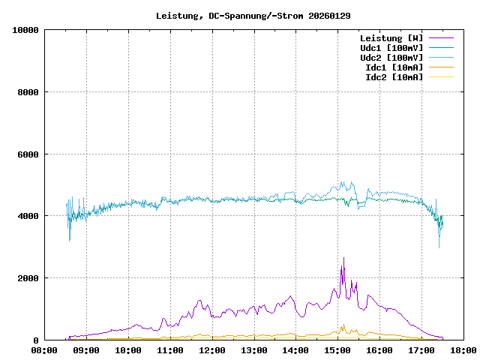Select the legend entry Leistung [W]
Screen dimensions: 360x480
pyautogui.click(x=391, y=37)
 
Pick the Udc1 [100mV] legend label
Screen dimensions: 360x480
pyautogui.click(x=391, y=47)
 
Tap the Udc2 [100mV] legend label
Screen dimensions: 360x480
pyautogui.click(x=391, y=57)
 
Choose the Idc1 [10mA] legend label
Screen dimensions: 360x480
pyautogui.click(x=394, y=67)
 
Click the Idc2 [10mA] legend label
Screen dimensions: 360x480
pyautogui.click(x=394, y=76)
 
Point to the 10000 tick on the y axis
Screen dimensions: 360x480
pyautogui.click(x=25, y=30)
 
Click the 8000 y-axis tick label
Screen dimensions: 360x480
pyautogui.click(x=28, y=92)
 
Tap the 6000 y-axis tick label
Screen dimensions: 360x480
pyautogui.click(x=28, y=154)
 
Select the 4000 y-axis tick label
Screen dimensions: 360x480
pyautogui.click(x=28, y=216)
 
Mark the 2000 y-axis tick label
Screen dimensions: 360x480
pyautogui.click(x=28, y=278)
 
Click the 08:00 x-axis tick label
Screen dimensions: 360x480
pyautogui.click(x=45, y=350)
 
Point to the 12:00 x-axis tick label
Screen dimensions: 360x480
pyautogui.click(x=212, y=350)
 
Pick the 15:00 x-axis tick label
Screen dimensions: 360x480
pyautogui.click(x=337, y=350)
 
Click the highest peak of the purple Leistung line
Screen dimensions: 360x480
pyautogui.click(x=343, y=259)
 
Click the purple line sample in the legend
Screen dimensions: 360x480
pyautogui.click(x=441, y=37)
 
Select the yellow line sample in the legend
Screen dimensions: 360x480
pyautogui.click(x=441, y=76)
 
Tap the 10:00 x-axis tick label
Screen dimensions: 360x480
pyautogui.click(x=128, y=350)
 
